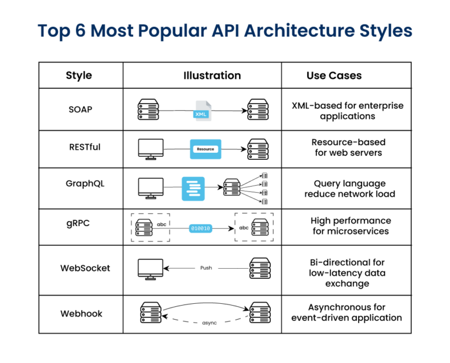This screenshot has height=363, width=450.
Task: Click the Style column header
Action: [79, 76]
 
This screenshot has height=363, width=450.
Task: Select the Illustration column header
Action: [212, 76]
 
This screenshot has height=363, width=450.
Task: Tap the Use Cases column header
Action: [333, 76]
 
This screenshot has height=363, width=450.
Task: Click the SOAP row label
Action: [80, 109]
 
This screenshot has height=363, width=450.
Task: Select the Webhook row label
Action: [81, 314]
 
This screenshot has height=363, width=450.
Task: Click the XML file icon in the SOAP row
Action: [202, 111]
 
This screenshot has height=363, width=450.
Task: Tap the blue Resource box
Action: [205, 149]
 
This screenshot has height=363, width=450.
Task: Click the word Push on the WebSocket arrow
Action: [206, 268]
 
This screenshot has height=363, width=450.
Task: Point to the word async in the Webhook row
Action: [209, 323]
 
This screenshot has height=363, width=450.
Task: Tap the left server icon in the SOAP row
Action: [148, 109]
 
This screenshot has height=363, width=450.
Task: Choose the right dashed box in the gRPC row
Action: [254, 227]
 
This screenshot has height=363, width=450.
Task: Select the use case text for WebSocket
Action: [347, 273]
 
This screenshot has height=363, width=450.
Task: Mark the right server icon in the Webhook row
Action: [259, 313]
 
